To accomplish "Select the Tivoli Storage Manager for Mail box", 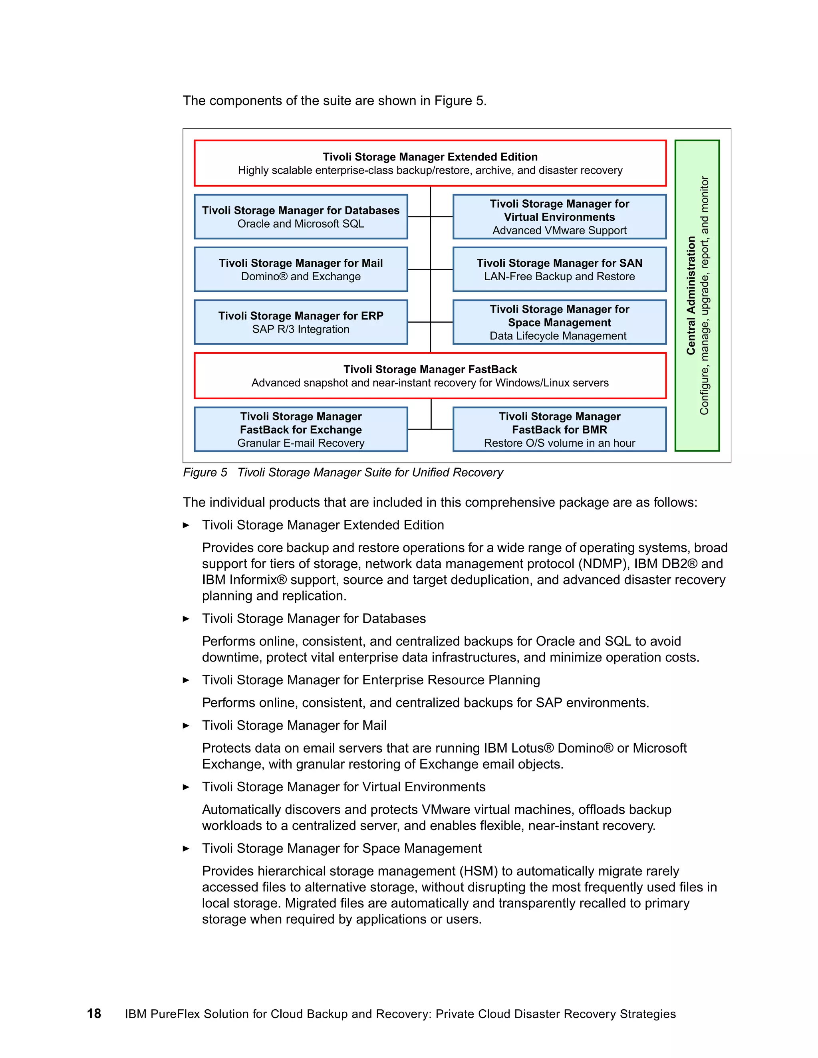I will pos(300,269).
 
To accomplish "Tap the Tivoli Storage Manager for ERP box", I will pos(300,322).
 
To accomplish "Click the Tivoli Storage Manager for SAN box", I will pos(559,269).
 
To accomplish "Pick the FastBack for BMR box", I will pos(559,429).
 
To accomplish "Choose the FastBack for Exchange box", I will pos(300,429).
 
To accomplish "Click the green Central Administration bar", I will pos(697,295).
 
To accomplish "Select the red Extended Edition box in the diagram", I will pos(430,163).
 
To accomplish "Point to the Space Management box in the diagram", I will pos(559,322).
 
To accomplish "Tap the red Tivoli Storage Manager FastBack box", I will pos(430,376).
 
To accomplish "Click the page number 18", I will pos(94,1014).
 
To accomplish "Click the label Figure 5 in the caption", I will pos(204,472).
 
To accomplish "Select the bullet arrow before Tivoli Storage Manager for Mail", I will pos(186,726).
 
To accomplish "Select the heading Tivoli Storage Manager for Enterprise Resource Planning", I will pos(371,680).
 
